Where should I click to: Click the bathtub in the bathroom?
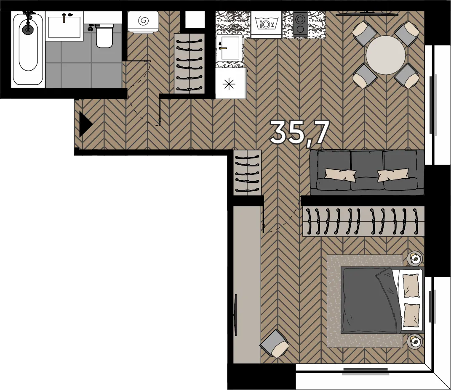click(x=28, y=49)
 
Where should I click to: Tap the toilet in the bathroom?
click(x=104, y=36)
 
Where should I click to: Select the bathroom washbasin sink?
click(x=64, y=27)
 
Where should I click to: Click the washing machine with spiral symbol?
click(x=143, y=22)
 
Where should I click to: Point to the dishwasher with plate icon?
click(x=266, y=24)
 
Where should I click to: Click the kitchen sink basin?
click(x=229, y=48)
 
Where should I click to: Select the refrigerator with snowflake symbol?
click(x=230, y=84)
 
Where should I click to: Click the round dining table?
click(x=386, y=55)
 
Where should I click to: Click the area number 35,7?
click(x=300, y=132)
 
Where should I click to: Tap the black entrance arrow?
click(x=85, y=124)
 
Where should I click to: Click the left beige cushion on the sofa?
click(x=340, y=174)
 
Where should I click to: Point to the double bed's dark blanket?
click(x=371, y=300)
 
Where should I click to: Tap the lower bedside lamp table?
click(x=415, y=341)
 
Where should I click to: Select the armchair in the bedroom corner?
click(x=275, y=343)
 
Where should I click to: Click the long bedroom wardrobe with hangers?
click(x=363, y=221)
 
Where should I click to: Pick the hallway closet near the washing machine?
click(x=189, y=63)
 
